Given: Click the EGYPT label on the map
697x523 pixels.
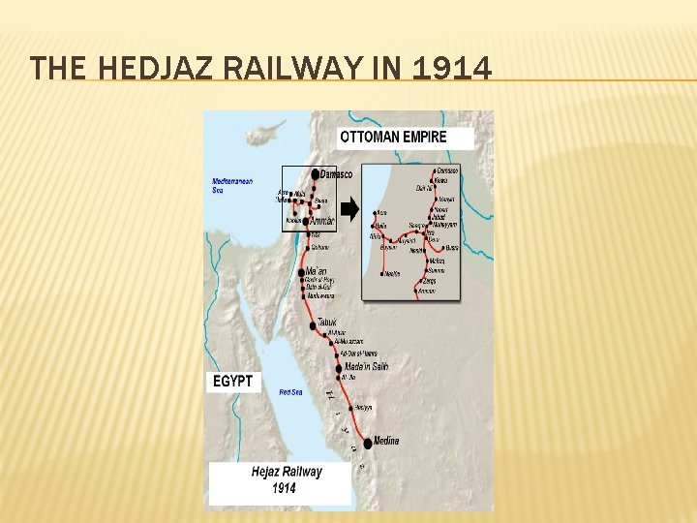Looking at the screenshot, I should tap(232, 382).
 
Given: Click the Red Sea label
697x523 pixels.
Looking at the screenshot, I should tap(291, 392).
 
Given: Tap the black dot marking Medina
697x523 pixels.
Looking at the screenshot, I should tap(367, 444).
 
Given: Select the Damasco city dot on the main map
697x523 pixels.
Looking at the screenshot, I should tap(315, 174).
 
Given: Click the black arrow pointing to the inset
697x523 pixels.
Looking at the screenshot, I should tap(349, 208).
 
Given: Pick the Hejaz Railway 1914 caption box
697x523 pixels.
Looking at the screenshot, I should tap(280, 480).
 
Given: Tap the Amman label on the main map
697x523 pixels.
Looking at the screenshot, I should tap(321, 222).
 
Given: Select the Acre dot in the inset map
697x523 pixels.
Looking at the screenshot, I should tap(373, 212).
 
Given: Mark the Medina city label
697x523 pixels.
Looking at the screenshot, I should tap(386, 442).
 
